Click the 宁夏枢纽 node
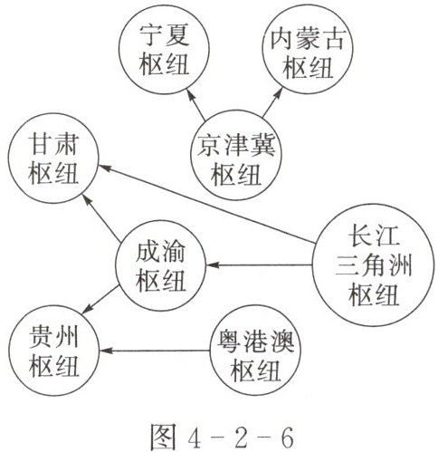164,49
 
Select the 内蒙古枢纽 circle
307,49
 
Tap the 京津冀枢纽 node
235,155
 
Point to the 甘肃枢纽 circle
53,159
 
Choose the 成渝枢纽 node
160,265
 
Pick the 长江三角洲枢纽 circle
373,265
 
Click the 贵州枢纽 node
53,351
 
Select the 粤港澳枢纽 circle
255,351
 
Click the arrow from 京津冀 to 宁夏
195,105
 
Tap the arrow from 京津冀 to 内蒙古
273,102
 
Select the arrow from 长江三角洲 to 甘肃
207,204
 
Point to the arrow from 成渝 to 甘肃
102,217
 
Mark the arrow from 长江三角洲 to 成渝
259,265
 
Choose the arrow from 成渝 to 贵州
100,299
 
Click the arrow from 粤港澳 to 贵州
155,351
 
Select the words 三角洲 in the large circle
374,266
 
